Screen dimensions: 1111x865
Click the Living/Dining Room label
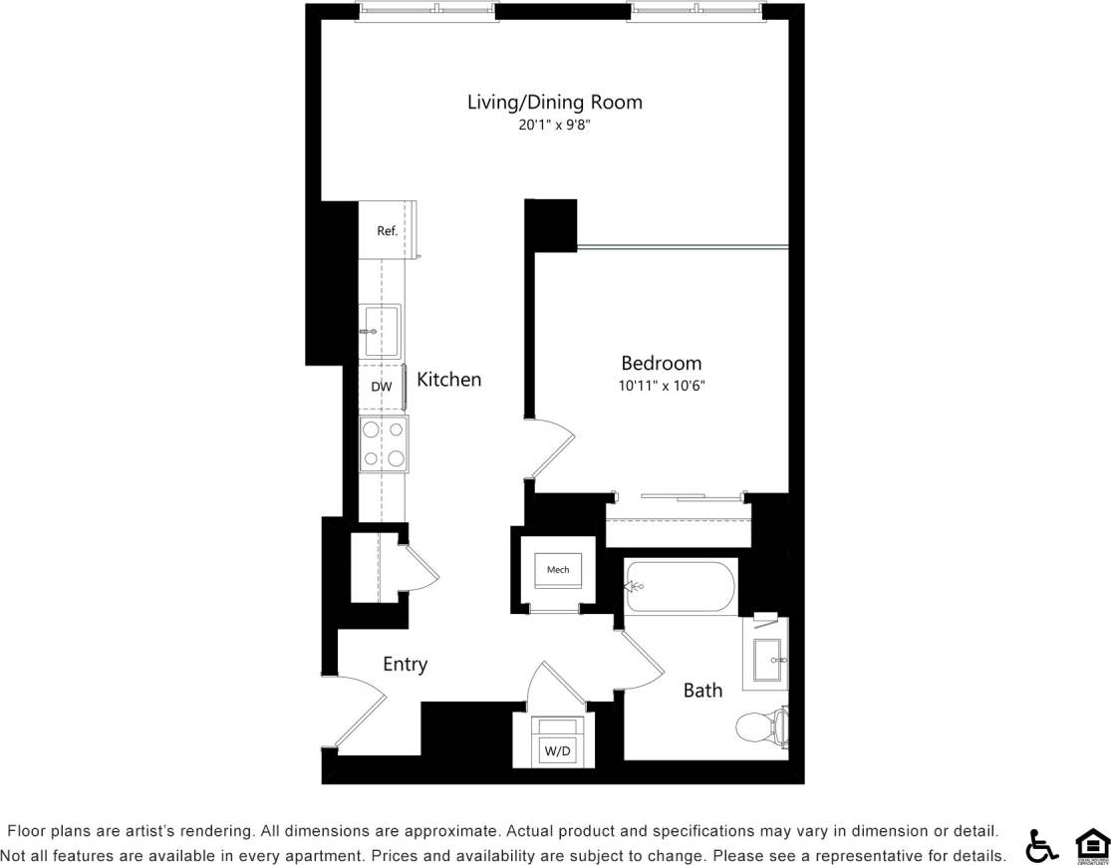(x=555, y=102)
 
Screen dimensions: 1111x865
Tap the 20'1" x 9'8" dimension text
(x=555, y=126)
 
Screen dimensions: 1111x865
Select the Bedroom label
(x=661, y=363)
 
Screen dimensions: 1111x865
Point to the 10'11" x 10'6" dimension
(x=661, y=386)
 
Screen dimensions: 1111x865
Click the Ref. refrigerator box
(x=387, y=230)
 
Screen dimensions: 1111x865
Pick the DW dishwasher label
(x=381, y=387)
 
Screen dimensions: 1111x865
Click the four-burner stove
(x=384, y=444)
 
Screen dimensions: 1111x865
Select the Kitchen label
(x=448, y=380)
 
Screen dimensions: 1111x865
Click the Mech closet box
(x=558, y=570)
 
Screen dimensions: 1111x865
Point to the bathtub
(x=681, y=587)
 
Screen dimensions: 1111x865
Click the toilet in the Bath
(x=762, y=726)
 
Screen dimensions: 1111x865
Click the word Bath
(x=702, y=690)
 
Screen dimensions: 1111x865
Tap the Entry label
(x=405, y=665)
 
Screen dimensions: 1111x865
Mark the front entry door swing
(x=361, y=710)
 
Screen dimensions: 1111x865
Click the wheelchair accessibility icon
(x=1042, y=845)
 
